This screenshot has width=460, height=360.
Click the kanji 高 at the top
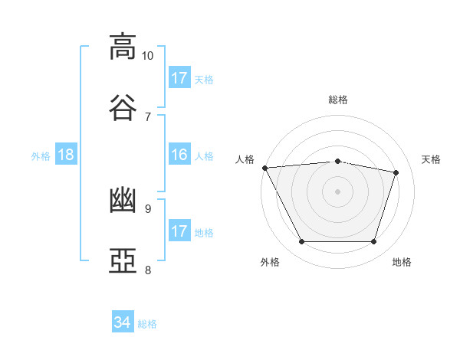123,47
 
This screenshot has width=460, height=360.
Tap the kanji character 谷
123,107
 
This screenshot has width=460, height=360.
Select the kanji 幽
123,201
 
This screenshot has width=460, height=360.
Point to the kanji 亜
123,261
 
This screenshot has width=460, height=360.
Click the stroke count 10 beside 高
147,56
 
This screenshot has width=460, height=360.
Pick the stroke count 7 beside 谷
147,116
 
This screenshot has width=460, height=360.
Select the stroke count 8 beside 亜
147,270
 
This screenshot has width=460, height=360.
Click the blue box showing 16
179,155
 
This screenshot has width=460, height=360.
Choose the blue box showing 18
66,155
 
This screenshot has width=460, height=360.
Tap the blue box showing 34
122,322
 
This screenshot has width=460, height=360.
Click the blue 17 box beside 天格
179,77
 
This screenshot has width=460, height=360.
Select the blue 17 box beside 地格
179,231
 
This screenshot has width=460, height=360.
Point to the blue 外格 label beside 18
41,155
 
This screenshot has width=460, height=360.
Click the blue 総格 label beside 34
147,324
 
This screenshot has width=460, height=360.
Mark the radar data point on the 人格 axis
264,168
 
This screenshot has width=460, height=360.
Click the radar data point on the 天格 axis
396,172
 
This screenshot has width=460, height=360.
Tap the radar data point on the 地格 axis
374,242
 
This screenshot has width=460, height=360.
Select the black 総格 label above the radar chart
338,100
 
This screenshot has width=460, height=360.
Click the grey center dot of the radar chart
338,191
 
